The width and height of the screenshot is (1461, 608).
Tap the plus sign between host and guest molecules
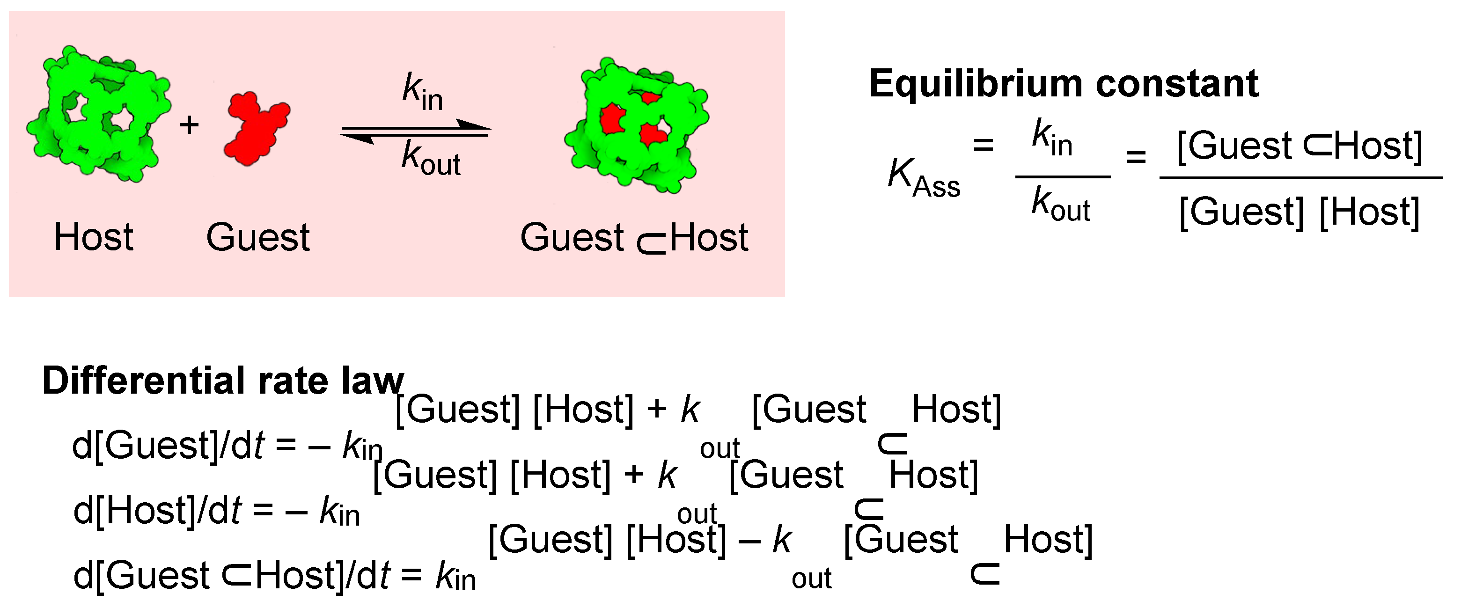190,125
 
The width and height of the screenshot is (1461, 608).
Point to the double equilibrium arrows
415,131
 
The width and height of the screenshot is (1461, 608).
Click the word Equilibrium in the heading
976,84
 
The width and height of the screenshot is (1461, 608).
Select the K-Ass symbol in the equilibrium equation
923,176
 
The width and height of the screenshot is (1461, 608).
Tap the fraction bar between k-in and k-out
1062,177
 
